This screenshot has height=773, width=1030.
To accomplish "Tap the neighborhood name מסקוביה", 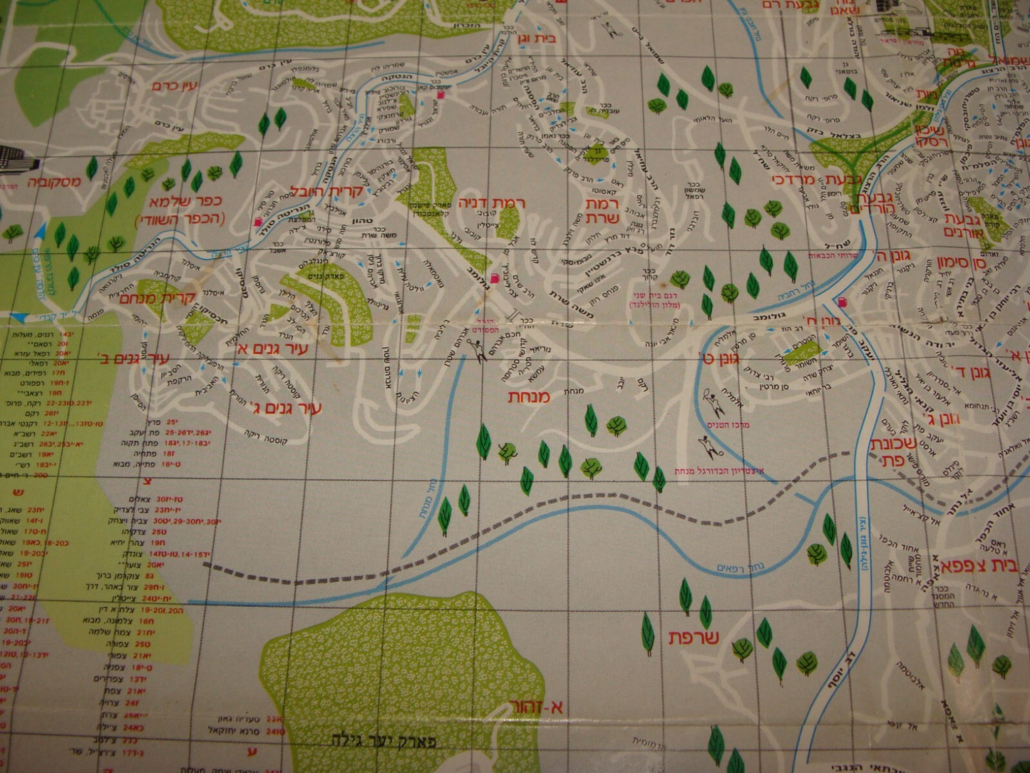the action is coord(55,181).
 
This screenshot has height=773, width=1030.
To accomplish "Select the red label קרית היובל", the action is coord(326,191).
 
